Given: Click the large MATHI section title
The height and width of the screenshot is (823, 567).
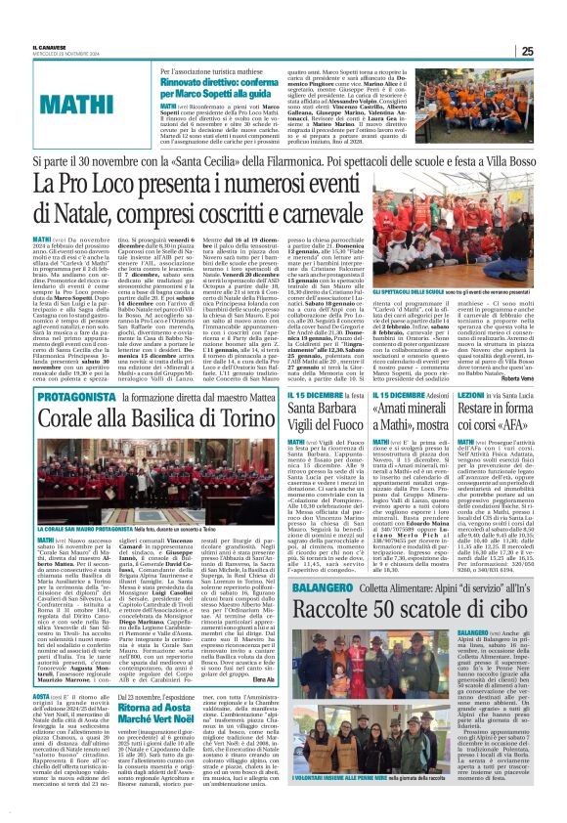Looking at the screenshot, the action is pos(74,103).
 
